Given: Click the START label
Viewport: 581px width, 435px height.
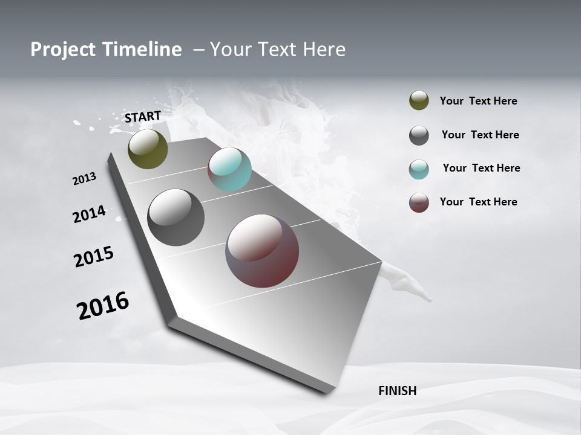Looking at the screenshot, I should coord(143,117).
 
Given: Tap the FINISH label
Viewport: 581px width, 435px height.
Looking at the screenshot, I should coord(398,391).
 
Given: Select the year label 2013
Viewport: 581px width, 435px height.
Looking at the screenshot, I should coord(85,179).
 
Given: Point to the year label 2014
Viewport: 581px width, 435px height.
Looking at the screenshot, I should coord(90,214).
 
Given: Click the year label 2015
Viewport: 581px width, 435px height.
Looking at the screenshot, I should coord(94,257).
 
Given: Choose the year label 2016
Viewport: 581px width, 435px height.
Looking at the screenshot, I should coord(103,306).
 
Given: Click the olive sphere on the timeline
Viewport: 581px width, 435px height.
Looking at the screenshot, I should coord(148,149).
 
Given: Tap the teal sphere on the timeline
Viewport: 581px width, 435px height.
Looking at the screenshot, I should coord(229,169).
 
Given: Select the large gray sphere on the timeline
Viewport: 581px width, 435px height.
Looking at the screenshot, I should coord(176,217).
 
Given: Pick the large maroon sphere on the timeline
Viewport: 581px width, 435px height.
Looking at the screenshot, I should coord(262,251).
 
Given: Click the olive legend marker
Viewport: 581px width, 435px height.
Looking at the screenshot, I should coord(419,101).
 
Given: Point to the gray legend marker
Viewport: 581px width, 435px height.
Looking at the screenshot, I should coord(419,135).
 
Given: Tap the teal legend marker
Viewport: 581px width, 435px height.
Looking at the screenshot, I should coord(419,169).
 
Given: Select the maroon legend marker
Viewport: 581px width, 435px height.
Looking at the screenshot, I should coord(419,202).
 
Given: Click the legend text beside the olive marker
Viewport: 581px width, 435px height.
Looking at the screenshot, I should coord(478,101).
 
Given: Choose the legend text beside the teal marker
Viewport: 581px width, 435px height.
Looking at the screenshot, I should coord(481,168).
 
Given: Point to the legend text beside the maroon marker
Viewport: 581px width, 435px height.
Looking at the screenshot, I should coord(478,202).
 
